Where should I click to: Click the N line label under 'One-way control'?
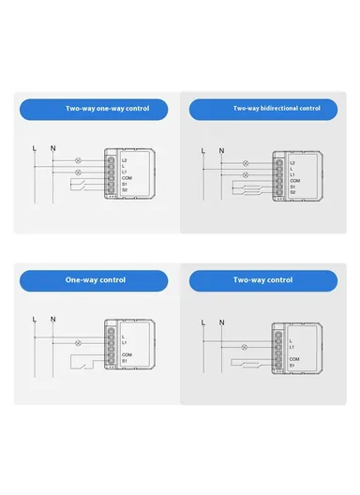coord(52,320)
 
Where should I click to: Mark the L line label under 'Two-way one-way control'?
coord(34,148)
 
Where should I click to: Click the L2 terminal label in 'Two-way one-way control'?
coord(126,160)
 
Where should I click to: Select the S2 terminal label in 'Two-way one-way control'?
coord(126,191)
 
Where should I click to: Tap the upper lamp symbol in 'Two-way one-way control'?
coord(77,161)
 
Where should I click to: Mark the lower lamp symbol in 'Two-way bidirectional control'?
coord(247,174)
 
